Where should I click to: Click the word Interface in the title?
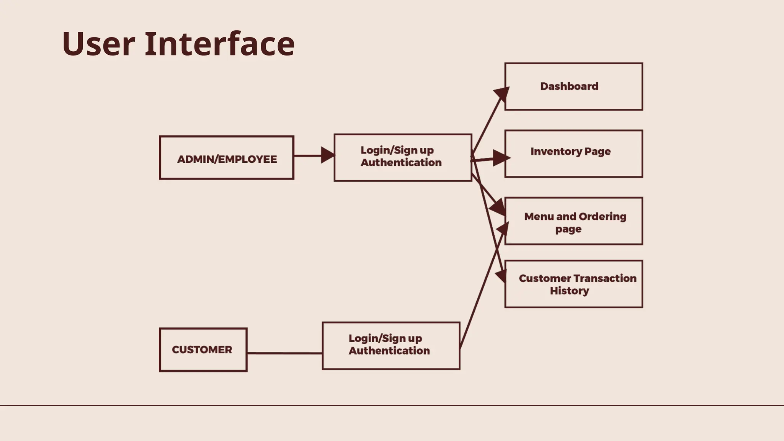[219, 44]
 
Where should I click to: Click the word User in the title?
[98, 44]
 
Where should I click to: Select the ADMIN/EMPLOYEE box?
[227, 158]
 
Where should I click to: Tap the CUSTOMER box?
[203, 350]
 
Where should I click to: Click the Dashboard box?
[573, 87]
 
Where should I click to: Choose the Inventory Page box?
[573, 154]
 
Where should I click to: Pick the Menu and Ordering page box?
[573, 221]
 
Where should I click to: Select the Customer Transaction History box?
[573, 284]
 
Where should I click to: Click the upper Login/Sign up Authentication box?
[403, 157]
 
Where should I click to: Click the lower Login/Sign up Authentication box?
[391, 346]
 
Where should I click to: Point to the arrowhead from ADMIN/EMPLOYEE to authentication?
[328, 155]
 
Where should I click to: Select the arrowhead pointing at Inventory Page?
[500, 158]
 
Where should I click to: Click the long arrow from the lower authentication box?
[482, 287]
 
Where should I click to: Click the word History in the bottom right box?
[569, 291]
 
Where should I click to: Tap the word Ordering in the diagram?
[602, 217]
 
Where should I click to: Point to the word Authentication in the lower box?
[389, 351]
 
